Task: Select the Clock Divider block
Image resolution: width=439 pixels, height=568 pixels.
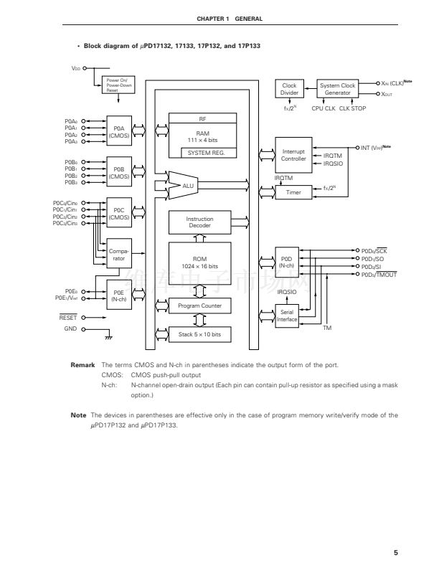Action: pyautogui.click(x=289, y=90)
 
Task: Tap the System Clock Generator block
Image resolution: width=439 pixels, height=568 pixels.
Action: pyautogui.click(x=337, y=90)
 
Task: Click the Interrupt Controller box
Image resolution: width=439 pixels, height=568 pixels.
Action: pyautogui.click(x=293, y=155)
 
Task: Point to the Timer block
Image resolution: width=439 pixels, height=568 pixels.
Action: pyautogui.click(x=293, y=192)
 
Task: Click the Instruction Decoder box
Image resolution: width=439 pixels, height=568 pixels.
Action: pyautogui.click(x=199, y=222)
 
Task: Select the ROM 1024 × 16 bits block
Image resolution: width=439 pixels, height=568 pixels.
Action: pyautogui.click(x=199, y=262)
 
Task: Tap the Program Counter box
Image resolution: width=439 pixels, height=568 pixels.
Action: pyautogui.click(x=199, y=306)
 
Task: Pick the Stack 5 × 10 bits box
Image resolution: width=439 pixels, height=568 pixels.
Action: pyautogui.click(x=199, y=334)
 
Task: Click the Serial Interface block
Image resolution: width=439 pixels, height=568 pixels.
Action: pyautogui.click(x=287, y=316)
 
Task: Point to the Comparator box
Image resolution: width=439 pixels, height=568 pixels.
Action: pyautogui.click(x=118, y=254)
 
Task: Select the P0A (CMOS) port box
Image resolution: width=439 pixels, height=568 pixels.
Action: pyautogui.click(x=118, y=131)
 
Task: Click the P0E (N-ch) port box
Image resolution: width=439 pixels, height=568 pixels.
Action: pyautogui.click(x=118, y=295)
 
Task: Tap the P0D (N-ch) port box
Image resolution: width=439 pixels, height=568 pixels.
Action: pyautogui.click(x=287, y=262)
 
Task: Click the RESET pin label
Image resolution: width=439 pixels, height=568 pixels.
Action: pyautogui.click(x=68, y=316)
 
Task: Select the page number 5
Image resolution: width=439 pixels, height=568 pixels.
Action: pyautogui.click(x=395, y=552)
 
